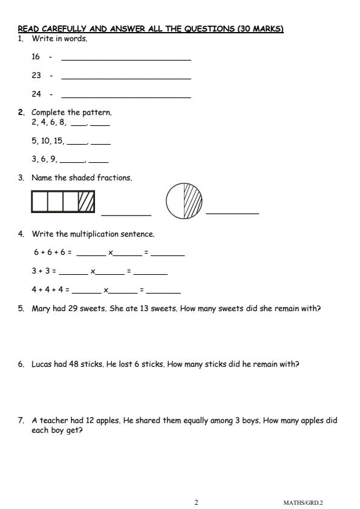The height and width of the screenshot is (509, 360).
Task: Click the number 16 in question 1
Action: pos(36,56)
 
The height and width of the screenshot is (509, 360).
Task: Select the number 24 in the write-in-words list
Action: pos(36,94)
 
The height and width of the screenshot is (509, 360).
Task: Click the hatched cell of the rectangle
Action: pos(86,202)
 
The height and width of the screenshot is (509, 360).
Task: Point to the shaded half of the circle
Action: pos(192,202)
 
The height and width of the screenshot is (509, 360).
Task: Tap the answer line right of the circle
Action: pos(232,212)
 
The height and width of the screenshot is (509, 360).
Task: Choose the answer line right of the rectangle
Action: pos(126,214)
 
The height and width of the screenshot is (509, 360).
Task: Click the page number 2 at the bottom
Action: pos(196,502)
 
